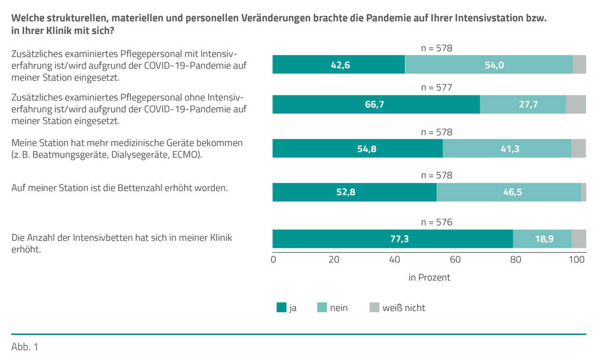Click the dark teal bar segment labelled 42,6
(x=338, y=64)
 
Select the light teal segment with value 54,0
(x=489, y=64)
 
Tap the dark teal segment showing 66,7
(x=376, y=105)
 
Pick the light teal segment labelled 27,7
(x=523, y=105)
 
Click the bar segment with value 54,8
(x=358, y=149)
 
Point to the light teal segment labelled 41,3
(x=507, y=149)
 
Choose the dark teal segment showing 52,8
(x=354, y=193)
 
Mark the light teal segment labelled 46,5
(x=509, y=193)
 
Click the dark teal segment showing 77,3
(x=392, y=239)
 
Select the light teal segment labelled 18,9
(x=542, y=239)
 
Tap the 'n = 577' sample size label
(x=437, y=88)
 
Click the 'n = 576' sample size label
(x=437, y=222)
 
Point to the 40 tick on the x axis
(x=394, y=260)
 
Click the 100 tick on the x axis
(x=577, y=260)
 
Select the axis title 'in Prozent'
(x=429, y=277)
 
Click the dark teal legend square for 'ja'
(x=281, y=307)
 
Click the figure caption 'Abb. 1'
(x=25, y=347)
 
